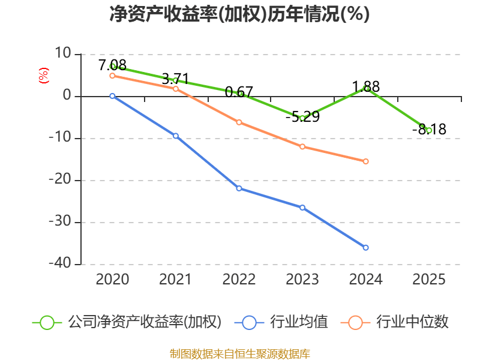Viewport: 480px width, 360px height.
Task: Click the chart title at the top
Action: pyautogui.click(x=239, y=14)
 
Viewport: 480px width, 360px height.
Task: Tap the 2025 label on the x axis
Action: pyautogui.click(x=429, y=279)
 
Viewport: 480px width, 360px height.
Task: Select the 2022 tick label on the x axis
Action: pyautogui.click(x=239, y=279)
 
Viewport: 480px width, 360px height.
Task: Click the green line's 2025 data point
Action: pyautogui.click(x=429, y=130)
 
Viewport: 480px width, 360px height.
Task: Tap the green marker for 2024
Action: pyautogui.click(x=365, y=88)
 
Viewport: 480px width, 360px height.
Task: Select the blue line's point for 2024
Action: pyautogui.click(x=365, y=247)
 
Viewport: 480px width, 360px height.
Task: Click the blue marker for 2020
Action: pyautogui.click(x=112, y=96)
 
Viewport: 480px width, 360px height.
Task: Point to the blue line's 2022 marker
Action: pyautogui.click(x=239, y=188)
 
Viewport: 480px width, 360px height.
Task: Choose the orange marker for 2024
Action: pyautogui.click(x=365, y=161)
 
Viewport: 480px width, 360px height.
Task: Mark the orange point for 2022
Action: pyautogui.click(x=239, y=122)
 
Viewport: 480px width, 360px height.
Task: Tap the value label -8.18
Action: pyautogui.click(x=429, y=129)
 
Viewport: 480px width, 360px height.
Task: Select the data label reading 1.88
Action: pyautogui.click(x=365, y=86)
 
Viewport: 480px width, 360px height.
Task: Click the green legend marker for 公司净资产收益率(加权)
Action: pyautogui.click(x=47, y=322)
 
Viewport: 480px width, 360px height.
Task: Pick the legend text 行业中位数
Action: pyautogui.click(x=412, y=322)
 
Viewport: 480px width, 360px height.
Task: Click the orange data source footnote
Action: pyautogui.click(x=239, y=353)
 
